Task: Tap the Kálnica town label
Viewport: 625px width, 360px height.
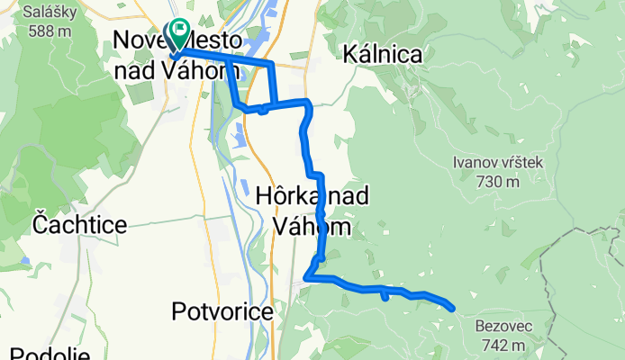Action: click(x=383, y=55)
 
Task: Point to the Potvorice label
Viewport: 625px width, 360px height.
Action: click(x=222, y=311)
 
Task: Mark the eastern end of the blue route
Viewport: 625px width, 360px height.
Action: click(x=451, y=308)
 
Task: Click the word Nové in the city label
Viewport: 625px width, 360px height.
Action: click(x=140, y=40)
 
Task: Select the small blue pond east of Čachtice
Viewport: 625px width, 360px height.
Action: click(x=28, y=262)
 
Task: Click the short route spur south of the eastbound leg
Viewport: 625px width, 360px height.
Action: click(x=385, y=294)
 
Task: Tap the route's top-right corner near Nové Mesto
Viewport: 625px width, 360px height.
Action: click(x=270, y=64)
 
